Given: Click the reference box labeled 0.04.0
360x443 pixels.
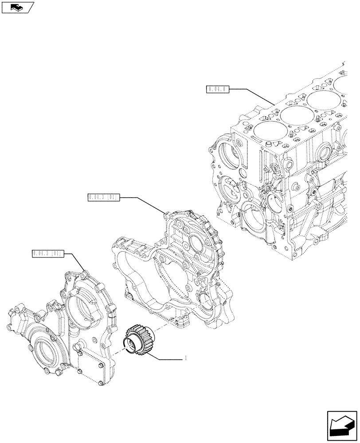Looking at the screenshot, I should [217, 89].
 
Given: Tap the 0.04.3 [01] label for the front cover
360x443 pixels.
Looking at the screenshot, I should [48, 253].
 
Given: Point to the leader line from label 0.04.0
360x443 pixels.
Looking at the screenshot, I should [253, 97].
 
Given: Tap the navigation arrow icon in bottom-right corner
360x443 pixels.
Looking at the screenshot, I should [341, 425].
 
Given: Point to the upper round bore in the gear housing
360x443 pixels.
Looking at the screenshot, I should [196, 242].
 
